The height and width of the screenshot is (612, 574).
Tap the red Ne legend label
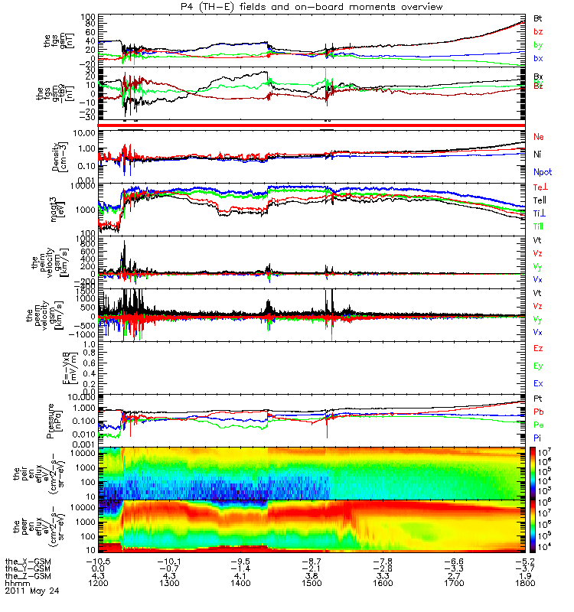click(538, 136)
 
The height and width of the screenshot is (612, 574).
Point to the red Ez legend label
click(538, 348)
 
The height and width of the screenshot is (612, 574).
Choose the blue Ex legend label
click(538, 382)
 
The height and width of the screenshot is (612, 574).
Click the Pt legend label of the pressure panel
click(537, 399)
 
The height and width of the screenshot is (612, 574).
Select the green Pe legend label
click(537, 424)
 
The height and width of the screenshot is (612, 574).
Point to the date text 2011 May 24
click(31, 591)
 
